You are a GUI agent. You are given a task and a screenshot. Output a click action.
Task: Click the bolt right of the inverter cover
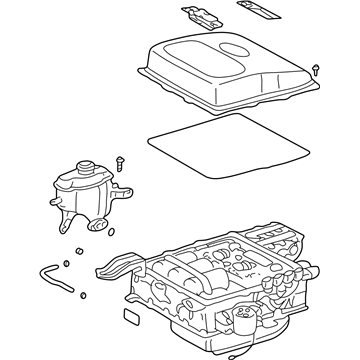(x=317, y=70)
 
